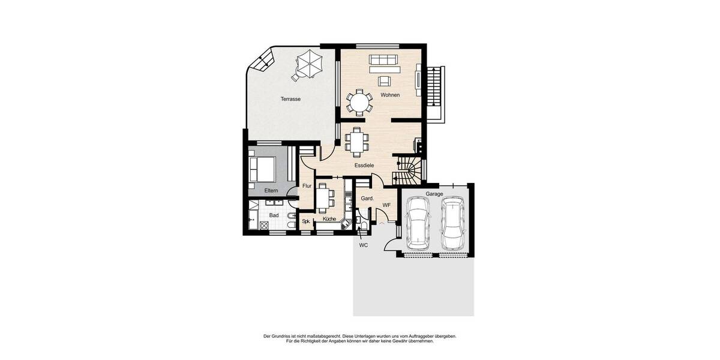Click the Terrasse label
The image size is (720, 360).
[x=290, y=99]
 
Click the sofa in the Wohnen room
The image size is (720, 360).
[x=383, y=60]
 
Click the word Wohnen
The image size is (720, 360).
[x=390, y=95]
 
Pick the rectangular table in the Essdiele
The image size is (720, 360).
[x=357, y=142]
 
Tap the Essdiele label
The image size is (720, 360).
[x=364, y=165]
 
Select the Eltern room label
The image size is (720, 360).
[x=271, y=191]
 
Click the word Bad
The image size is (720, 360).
[x=274, y=215]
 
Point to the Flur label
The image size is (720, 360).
[x=307, y=186]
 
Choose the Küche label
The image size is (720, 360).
[x=329, y=219]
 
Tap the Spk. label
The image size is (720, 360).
[x=305, y=221]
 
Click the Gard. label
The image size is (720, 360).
[x=367, y=198]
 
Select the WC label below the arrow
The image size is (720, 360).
[x=363, y=245]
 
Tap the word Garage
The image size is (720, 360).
[x=434, y=194]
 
